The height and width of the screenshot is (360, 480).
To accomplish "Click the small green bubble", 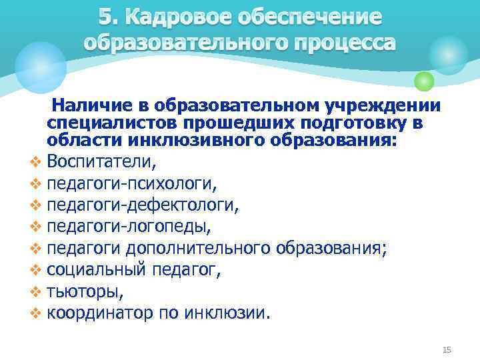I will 424,81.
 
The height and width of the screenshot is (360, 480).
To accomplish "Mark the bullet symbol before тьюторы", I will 35,291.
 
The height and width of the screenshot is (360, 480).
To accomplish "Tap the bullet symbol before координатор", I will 35,313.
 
